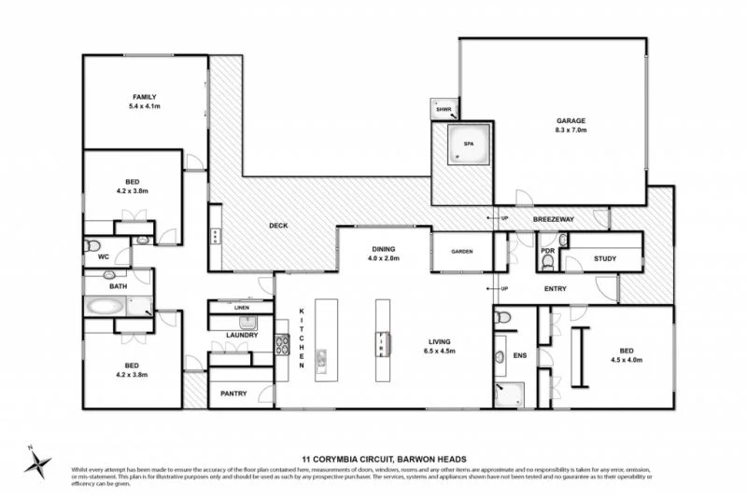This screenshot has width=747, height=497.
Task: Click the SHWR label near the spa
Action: [443, 109]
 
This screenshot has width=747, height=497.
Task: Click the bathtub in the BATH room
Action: [107, 305]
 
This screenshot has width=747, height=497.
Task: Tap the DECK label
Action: [277, 226]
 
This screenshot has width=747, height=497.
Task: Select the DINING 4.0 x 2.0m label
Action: [383, 254]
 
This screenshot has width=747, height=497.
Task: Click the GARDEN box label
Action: [462, 252]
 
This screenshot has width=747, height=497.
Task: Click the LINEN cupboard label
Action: [241, 307]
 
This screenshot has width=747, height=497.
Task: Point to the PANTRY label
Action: [233, 393]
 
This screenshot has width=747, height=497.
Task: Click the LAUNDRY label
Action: [241, 334]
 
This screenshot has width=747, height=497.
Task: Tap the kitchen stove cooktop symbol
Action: [282, 345]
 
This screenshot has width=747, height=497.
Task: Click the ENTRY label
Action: [555, 289]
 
